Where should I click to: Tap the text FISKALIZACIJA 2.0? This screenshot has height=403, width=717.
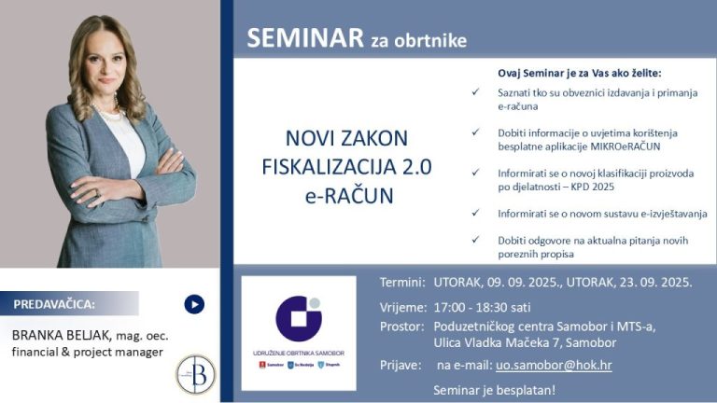(x=346, y=169)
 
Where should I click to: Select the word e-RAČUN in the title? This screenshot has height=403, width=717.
(x=346, y=197)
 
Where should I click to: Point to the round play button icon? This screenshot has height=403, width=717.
(x=194, y=304)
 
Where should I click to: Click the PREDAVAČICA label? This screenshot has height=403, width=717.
(x=54, y=304)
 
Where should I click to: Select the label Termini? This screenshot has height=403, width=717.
(x=402, y=282)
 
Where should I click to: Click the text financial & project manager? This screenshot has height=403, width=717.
(x=86, y=352)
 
